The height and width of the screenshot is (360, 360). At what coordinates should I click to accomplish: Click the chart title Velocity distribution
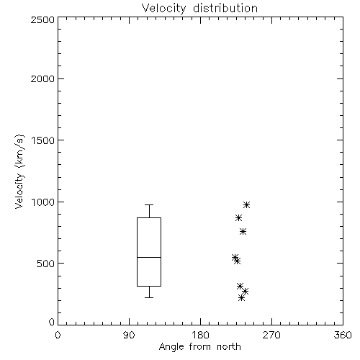(199, 8)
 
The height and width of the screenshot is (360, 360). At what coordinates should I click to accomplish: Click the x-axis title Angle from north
(199, 346)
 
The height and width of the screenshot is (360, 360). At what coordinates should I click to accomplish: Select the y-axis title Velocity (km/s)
(19, 171)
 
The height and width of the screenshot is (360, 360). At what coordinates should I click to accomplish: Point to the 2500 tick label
(42, 19)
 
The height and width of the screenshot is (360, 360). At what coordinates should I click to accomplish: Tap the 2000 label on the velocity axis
(42, 78)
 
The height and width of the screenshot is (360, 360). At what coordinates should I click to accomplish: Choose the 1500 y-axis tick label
(43, 140)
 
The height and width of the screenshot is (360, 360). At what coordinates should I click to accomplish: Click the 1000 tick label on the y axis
(43, 202)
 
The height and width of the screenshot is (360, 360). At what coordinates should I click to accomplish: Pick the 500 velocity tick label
(46, 264)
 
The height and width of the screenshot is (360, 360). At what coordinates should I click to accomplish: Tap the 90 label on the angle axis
(129, 335)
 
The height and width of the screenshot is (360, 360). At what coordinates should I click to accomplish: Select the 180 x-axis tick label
(200, 335)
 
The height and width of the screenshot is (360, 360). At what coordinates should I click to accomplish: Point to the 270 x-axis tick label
(271, 335)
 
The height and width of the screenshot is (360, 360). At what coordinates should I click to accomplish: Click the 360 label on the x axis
(343, 335)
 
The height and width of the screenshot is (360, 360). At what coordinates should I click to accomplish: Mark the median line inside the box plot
(149, 257)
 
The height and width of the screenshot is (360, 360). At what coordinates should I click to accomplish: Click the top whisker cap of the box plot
(149, 204)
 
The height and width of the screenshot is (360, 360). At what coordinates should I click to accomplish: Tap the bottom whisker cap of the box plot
(149, 297)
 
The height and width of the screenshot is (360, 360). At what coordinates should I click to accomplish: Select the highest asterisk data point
(246, 204)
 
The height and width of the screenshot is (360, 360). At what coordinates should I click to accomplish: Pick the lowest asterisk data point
(241, 298)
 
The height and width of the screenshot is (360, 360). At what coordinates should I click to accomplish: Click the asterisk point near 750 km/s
(243, 231)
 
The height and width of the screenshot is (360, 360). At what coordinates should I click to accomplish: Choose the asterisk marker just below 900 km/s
(238, 217)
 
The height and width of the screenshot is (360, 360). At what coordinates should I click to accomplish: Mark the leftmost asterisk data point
(235, 257)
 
